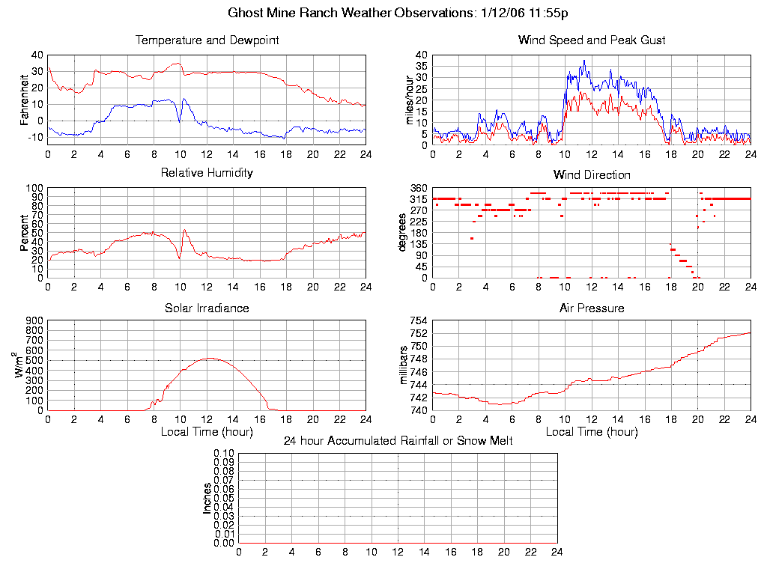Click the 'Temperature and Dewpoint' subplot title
(x=207, y=40)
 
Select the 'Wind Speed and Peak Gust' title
(x=592, y=40)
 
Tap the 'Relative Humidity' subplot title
(x=207, y=173)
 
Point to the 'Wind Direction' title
(x=592, y=175)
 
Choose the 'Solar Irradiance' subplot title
(x=207, y=308)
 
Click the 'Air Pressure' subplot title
(x=592, y=308)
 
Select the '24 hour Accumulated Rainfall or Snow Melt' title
(x=398, y=441)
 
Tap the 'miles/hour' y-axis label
(x=409, y=99)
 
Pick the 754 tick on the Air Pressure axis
(x=418, y=320)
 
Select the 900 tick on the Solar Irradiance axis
(x=34, y=320)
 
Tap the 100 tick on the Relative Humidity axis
(x=34, y=188)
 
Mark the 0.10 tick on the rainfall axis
(x=224, y=453)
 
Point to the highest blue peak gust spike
(x=584, y=61)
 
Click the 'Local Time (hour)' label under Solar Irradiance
(x=207, y=431)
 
